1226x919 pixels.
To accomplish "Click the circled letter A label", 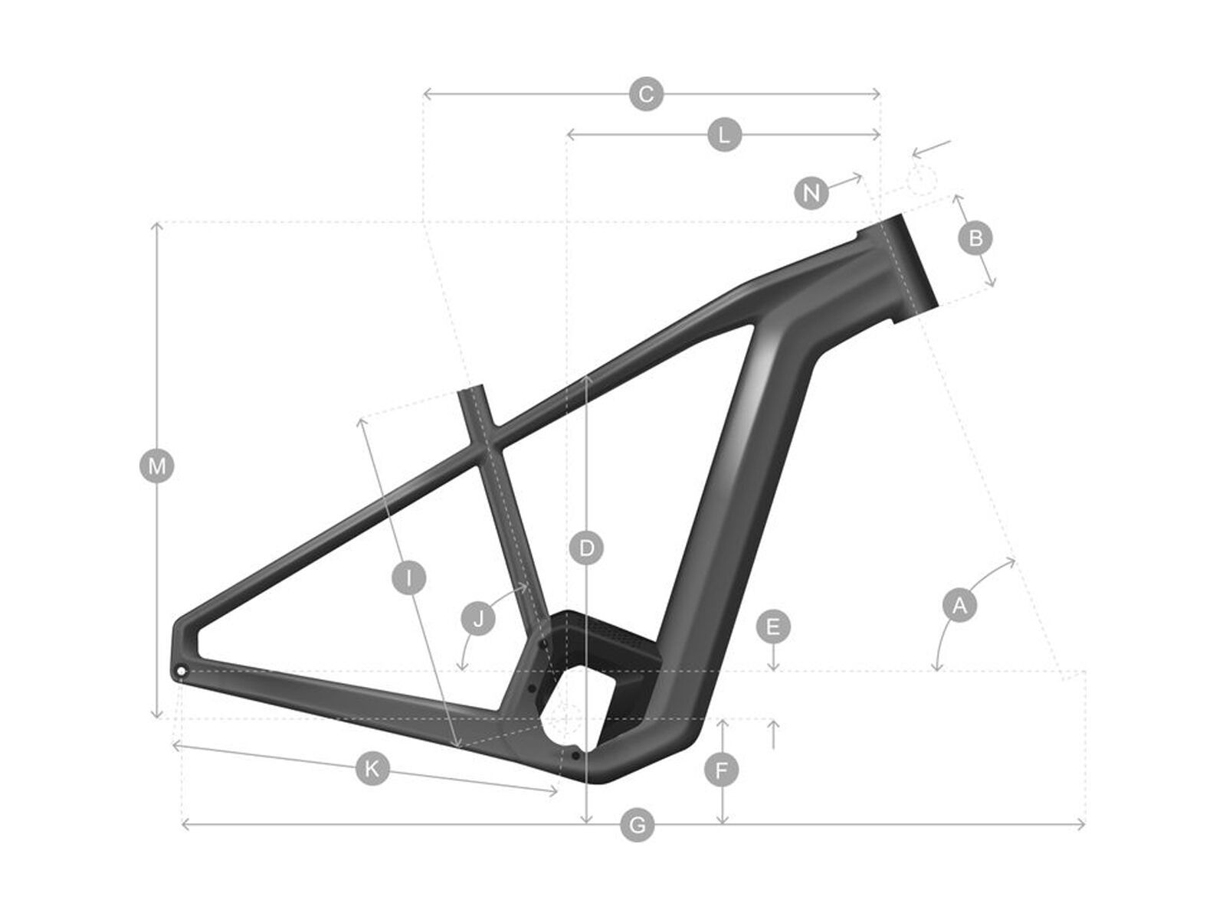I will coord(959,606).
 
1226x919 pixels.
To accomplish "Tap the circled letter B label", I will coord(975,238).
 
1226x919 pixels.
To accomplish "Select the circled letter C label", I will coord(646,94).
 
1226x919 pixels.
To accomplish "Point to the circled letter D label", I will coord(587,548).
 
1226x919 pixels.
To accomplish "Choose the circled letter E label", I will coord(772,627).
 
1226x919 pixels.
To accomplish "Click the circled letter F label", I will coord(721,770).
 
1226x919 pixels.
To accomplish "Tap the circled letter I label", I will coord(410,577).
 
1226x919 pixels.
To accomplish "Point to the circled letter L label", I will coord(724,136).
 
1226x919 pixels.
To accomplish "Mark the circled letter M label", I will coord(157,466).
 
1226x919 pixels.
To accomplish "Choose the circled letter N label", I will coord(811,192).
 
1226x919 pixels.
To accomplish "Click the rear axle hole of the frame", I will coord(182,672).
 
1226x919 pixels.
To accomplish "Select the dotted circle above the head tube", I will coord(922,179).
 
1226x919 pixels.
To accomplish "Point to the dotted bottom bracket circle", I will coord(567,718).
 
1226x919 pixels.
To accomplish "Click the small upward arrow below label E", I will coord(773,734).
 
